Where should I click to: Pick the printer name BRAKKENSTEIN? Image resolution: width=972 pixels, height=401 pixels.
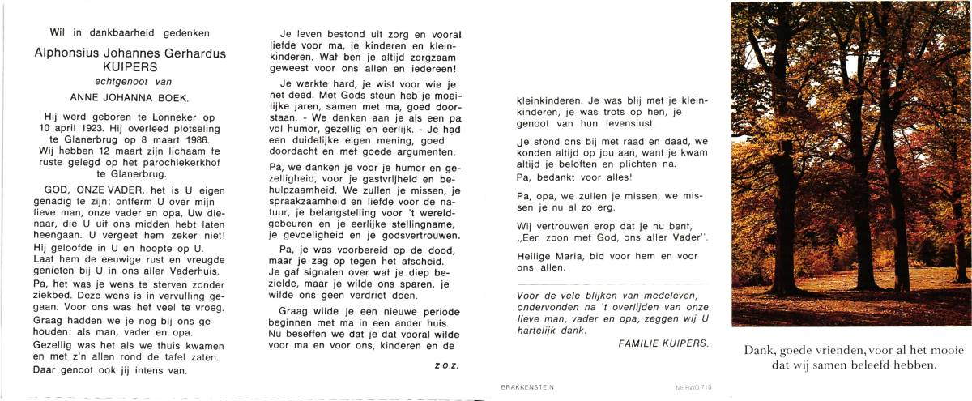click(526, 388)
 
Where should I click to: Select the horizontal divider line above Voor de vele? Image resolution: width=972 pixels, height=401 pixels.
click(612, 284)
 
